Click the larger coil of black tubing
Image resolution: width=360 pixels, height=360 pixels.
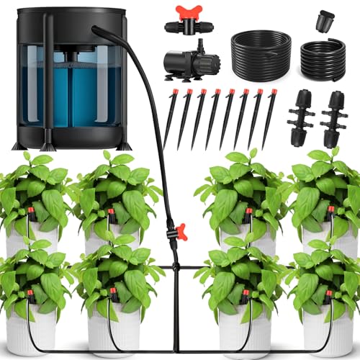[x=261, y=51]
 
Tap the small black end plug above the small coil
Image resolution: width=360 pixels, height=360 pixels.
[x=322, y=18]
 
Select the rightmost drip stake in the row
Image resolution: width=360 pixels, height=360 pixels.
[x=271, y=112]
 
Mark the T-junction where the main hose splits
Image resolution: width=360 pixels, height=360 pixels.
[x=174, y=267]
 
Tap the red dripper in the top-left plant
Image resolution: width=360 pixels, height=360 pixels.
[x=32, y=212]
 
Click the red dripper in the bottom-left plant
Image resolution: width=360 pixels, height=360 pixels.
[x=30, y=294]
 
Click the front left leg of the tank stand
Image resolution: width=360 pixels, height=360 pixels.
[x=18, y=141]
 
